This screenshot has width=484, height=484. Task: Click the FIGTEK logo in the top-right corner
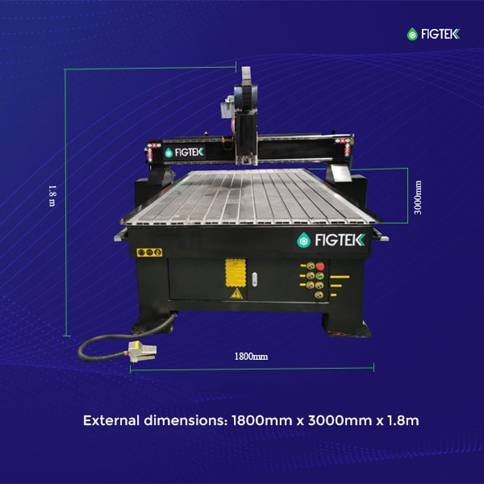433,34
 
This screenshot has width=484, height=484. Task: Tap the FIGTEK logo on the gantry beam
184,152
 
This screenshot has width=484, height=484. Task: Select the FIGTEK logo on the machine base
331,240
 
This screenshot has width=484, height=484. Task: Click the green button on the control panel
320,276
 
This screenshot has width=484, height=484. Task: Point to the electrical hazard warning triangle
236,294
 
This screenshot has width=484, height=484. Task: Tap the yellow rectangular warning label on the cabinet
236,273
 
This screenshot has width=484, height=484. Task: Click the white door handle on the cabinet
254,279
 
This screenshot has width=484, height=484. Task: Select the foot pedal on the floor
142,351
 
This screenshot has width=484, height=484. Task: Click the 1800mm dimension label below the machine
251,357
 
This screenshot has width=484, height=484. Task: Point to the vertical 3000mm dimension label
418,198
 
